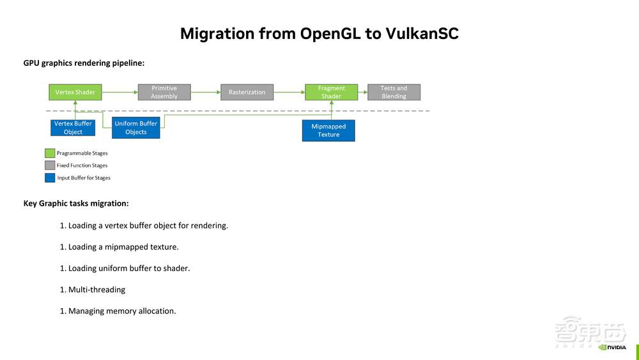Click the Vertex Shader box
pyautogui.click(x=75, y=92)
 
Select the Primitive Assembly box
pyautogui.click(x=164, y=92)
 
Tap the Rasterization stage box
pyautogui.click(x=247, y=92)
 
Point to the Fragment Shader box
pyautogui.click(x=331, y=92)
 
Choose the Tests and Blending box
pyautogui.click(x=394, y=92)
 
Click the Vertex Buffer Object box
pyautogui.click(x=73, y=128)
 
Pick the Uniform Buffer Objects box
pyautogui.click(x=135, y=128)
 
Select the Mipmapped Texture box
pyautogui.click(x=328, y=130)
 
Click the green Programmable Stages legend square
pyautogui.click(x=50, y=153)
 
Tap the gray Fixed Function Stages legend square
pyautogui.click(x=50, y=166)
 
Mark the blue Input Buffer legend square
pyautogui.click(x=50, y=178)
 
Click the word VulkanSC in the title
pyautogui.click(x=422, y=34)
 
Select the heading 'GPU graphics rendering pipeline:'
pyautogui.click(x=84, y=63)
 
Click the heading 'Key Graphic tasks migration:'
pyautogui.click(x=76, y=203)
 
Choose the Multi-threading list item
pyautogui.click(x=96, y=290)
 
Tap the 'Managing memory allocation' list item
pyautogui.click(x=121, y=311)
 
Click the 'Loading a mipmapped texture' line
pyautogui.click(x=123, y=247)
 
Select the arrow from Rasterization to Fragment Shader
pyautogui.click(x=289, y=92)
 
